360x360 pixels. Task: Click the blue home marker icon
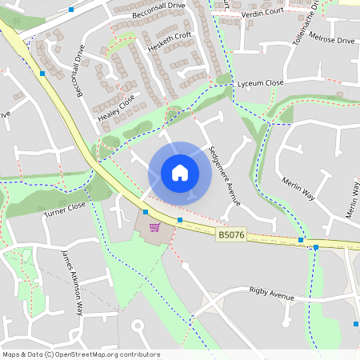pos(180,172)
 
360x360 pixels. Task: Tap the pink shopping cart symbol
pos(154,227)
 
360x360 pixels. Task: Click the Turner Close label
pos(65,210)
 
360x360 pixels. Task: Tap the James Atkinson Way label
pos(72,283)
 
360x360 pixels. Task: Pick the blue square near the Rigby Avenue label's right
pos(355,324)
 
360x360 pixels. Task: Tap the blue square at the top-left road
pos(71,10)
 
